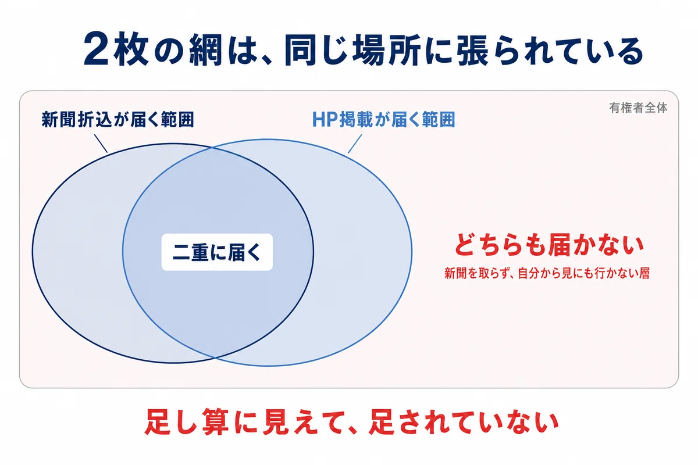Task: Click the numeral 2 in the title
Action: [96, 49]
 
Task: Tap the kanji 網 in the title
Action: [206, 50]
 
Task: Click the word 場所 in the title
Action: [386, 50]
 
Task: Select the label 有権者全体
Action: [638, 108]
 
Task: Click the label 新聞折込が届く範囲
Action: [117, 119]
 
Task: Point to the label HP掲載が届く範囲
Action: [383, 119]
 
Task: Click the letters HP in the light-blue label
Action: [325, 119]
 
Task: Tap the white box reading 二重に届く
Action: [217, 252]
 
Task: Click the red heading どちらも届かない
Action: [549, 245]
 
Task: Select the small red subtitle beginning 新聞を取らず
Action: [547, 273]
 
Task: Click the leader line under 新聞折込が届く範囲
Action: [101, 144]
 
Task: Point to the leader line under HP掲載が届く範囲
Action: [355, 144]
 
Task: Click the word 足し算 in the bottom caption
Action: [186, 422]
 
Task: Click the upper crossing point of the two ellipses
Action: [212, 148]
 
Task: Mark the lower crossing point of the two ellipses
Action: [215, 357]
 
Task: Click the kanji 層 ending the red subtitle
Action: [644, 273]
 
